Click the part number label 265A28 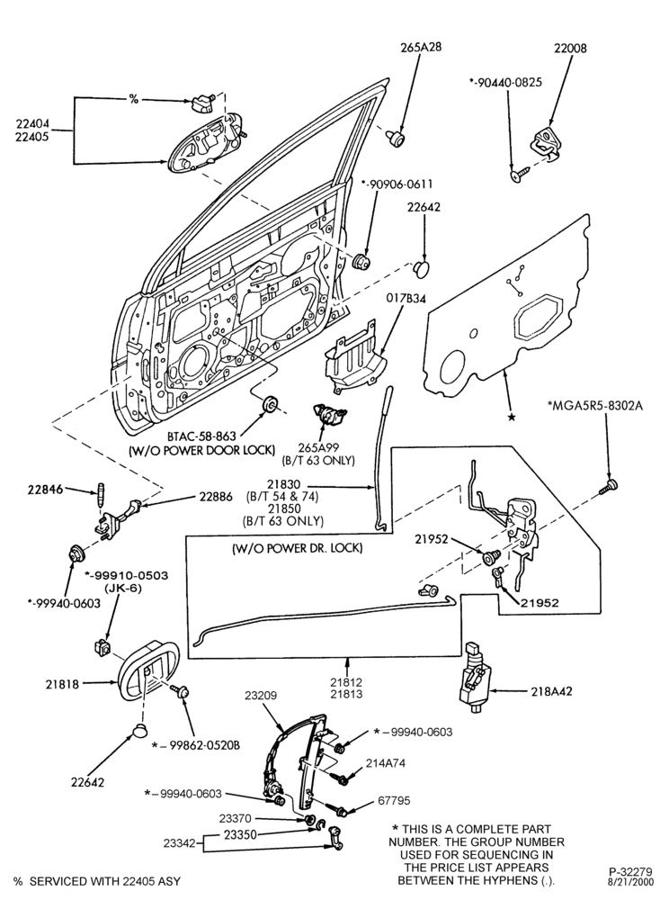421,47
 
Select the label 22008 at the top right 570,49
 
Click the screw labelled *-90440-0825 518,175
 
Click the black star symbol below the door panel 511,418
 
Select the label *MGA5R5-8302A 595,407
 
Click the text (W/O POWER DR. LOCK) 297,548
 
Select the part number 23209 260,695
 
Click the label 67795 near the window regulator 393,801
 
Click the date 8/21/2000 630,881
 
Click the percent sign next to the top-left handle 134,99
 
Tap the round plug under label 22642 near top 423,267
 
